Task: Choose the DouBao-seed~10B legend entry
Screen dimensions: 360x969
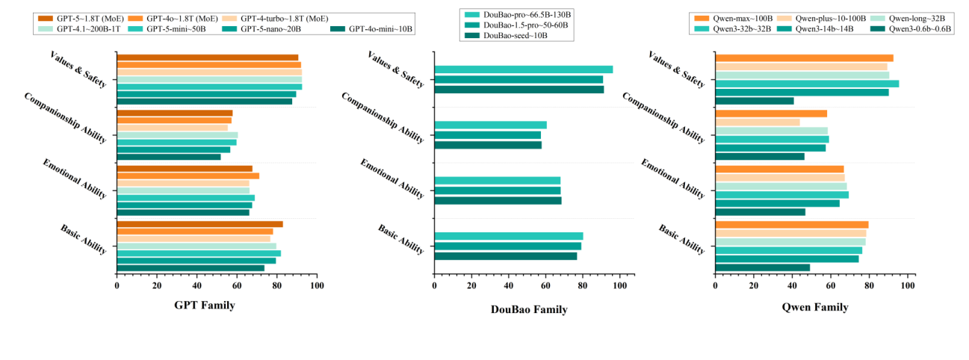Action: [x=498, y=35]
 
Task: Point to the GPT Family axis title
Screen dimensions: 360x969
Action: [x=205, y=305]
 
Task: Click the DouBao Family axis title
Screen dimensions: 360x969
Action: [x=529, y=309]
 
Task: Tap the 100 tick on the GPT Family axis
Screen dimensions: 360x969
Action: [x=317, y=285]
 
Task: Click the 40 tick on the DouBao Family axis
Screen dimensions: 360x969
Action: [x=508, y=285]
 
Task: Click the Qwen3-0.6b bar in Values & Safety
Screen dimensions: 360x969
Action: [x=755, y=101]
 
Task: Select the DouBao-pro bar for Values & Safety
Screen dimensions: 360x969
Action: [x=523, y=69]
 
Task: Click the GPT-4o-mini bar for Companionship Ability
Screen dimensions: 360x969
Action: [x=169, y=157]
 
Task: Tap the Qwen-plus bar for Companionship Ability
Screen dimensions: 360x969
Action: [x=758, y=122]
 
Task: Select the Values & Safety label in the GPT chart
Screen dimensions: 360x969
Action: [x=78, y=69]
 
